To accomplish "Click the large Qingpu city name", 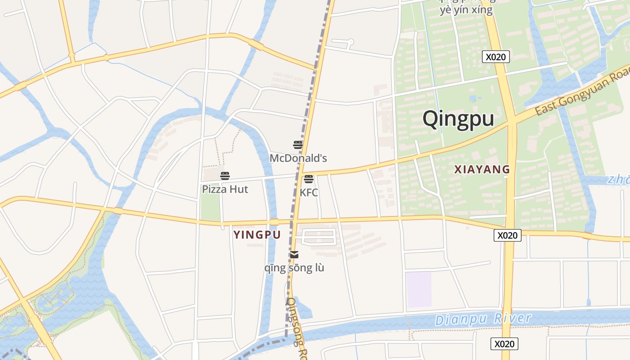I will (458, 119).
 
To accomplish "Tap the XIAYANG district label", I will (482, 170).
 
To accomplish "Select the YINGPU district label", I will (257, 234).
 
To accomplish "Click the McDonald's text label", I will (298, 158).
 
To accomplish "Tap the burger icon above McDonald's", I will (298, 145).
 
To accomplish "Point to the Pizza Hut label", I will (225, 189).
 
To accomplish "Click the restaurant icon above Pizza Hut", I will (225, 176).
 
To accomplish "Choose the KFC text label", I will (309, 193).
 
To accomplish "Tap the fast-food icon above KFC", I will (309, 179).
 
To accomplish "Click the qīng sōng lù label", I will (294, 268).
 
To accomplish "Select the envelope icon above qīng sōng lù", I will (294, 255).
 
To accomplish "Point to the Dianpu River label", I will (483, 319).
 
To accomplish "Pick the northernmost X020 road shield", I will (495, 57).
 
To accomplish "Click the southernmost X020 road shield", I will (504, 344).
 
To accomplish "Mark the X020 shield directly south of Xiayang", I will (507, 235).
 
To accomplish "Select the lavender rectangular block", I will (418, 289).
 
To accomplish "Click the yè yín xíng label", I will (466, 10).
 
